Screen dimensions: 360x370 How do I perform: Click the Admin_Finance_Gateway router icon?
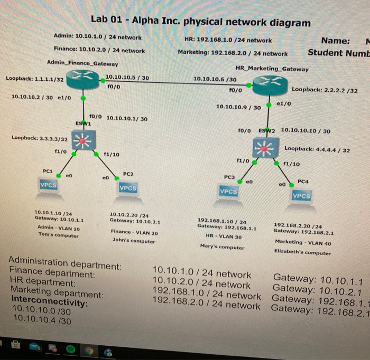point(83,79)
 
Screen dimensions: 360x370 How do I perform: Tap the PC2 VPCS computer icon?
point(127,188)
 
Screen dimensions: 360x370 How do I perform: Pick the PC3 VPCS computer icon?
point(228,193)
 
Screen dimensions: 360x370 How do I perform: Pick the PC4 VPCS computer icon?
point(301,196)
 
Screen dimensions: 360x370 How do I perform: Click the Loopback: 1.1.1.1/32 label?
point(34,79)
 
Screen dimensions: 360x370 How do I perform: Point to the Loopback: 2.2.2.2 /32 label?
point(324,90)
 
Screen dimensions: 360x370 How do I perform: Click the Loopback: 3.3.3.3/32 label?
point(40,138)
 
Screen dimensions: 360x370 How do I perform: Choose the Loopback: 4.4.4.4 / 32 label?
point(317,149)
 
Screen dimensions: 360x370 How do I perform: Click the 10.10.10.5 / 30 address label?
point(127,78)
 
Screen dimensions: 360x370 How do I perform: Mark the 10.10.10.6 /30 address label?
point(215,79)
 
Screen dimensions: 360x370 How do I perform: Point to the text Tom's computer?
point(58,235)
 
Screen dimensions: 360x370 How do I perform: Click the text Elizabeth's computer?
point(302,252)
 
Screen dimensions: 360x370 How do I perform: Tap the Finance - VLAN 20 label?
point(134,232)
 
